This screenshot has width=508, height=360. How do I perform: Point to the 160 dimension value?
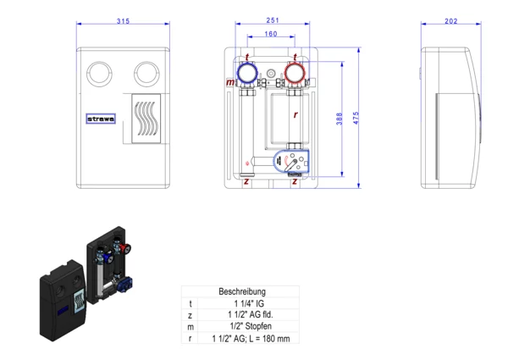coord(271,36)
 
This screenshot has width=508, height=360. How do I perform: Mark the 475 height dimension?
coord(356,120)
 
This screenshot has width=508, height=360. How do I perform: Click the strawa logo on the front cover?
coord(102,119)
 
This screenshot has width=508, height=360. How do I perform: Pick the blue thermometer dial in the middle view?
coord(247,75)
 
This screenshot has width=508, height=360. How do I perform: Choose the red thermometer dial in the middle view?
coord(295,75)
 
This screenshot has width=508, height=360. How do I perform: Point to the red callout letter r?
coord(295,114)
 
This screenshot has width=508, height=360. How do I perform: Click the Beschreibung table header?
coord(241,291)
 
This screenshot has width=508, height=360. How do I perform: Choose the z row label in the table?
coord(191,315)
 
